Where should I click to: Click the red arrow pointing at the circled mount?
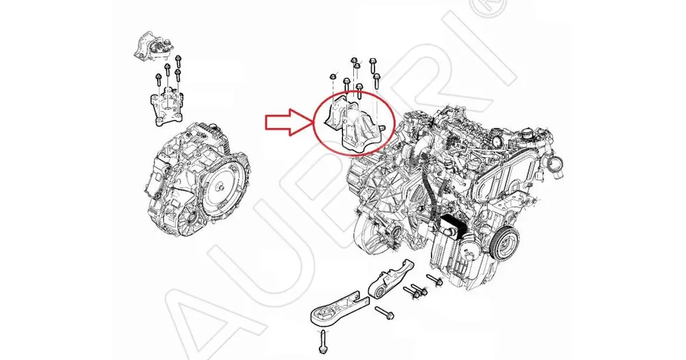(287, 122)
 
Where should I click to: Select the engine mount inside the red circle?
(354, 128)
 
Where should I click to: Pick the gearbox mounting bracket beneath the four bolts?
(167, 108)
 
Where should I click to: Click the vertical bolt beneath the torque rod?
(323, 342)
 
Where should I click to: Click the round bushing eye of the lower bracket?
(377, 291)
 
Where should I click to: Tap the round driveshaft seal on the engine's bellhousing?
(397, 232)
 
